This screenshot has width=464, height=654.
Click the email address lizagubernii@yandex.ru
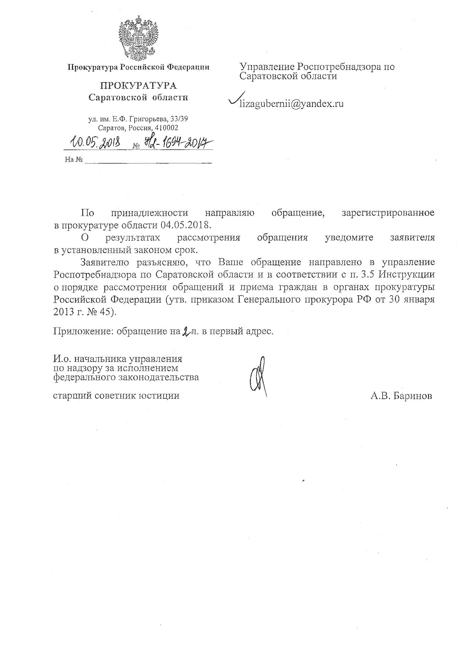tap(291, 103)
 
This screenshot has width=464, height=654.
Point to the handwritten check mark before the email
tap(236, 99)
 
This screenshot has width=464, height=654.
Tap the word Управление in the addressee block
tap(266, 67)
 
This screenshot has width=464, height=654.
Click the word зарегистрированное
tap(388, 213)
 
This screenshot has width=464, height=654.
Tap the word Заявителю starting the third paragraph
tap(105, 262)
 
